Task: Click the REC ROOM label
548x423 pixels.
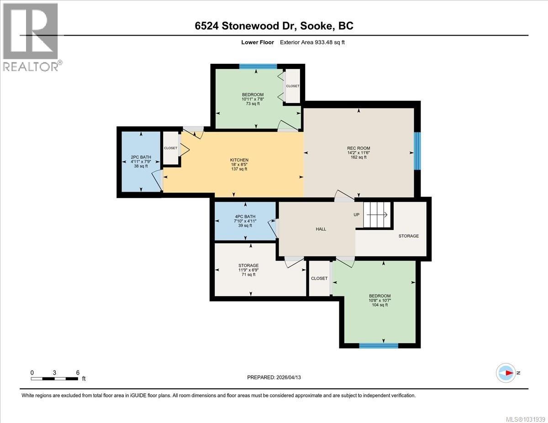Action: point(358,148)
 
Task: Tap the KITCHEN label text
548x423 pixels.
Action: point(239,160)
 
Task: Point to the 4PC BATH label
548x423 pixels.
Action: point(245,217)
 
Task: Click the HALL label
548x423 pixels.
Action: point(321,229)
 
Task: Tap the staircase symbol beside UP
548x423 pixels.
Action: point(377,215)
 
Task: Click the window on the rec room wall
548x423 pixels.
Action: point(416,151)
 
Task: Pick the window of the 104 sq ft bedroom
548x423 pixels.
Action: point(378,346)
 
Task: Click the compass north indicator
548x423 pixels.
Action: point(506,373)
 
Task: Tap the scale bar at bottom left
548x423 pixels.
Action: point(54,378)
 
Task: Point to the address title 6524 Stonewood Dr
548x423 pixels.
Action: point(274,26)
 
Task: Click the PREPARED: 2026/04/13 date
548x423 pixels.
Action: point(274,377)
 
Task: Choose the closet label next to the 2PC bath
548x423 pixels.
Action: point(171,148)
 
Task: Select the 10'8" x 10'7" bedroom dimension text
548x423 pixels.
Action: point(380,300)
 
